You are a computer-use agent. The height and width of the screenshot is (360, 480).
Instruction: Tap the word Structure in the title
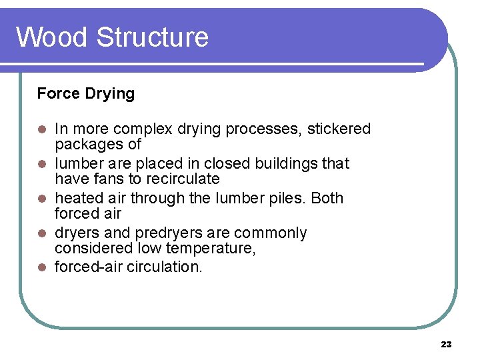[x=152, y=37]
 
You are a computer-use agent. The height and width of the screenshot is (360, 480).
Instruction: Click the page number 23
[x=446, y=344]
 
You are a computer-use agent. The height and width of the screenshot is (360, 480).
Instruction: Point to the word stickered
[x=339, y=129]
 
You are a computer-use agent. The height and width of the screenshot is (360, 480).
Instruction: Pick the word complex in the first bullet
[x=145, y=129]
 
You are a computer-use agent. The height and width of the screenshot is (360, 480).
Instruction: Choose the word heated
[x=76, y=198]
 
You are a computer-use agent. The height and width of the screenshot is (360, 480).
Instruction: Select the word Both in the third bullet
[x=327, y=198]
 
